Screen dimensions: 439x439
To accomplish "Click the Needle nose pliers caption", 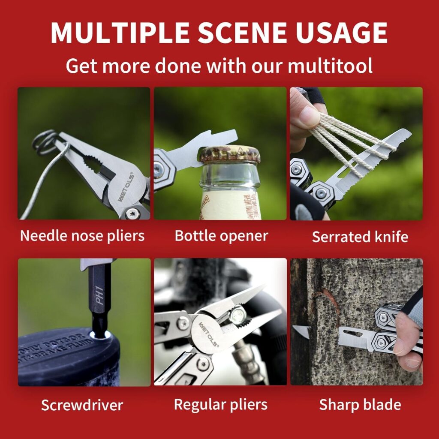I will (82, 235).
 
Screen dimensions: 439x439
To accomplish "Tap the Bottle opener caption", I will (221, 235).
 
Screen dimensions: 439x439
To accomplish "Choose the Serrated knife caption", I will (360, 237).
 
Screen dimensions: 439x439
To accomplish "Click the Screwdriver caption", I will (82, 405).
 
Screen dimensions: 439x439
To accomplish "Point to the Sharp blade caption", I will (360, 404).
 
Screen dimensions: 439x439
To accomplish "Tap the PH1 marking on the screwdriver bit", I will (100, 298).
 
